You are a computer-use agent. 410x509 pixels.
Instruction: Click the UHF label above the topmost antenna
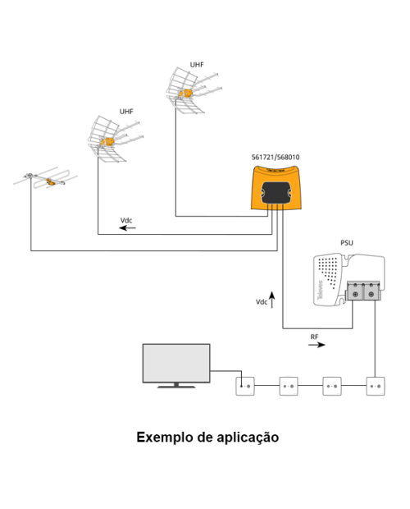197,65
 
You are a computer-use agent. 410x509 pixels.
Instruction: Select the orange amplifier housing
276,187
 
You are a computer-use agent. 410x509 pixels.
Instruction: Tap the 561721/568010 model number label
276,158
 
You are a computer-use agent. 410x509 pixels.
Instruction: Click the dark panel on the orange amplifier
276,192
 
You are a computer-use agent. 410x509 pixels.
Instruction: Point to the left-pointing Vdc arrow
127,228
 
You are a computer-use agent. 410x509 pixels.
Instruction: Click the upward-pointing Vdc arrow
272,300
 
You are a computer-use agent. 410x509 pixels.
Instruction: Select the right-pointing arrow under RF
317,345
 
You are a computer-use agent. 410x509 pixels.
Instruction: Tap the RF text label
314,337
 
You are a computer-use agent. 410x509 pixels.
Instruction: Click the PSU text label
347,243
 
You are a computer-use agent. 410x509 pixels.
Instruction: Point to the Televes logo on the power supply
321,290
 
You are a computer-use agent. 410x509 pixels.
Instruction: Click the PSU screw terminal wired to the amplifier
355,294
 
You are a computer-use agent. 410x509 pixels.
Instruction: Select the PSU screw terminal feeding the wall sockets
371,294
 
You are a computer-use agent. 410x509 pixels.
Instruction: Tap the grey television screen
176,363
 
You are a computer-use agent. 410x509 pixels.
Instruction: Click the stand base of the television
176,387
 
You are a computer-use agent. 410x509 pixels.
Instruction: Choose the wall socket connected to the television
245,386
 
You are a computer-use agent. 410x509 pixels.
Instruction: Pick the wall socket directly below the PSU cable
376,386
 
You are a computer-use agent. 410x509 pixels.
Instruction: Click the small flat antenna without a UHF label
45,179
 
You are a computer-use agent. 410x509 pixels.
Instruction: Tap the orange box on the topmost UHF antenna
185,94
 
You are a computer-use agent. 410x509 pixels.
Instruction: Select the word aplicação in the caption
248,438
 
